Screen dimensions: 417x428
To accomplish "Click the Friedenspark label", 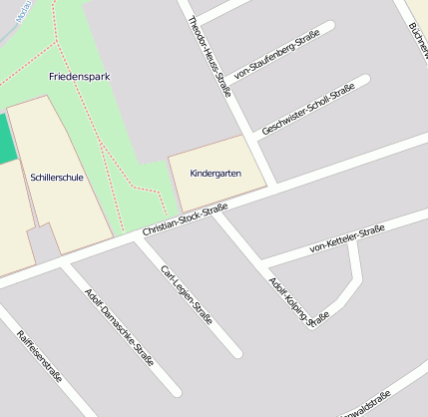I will tap(79, 76).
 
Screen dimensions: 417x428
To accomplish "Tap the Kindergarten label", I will tap(215, 174).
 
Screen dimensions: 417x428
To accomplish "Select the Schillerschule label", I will tap(57, 178).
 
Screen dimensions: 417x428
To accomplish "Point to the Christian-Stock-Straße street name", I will tap(186, 220).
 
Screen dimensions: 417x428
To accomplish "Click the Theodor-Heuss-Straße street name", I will tap(210, 57).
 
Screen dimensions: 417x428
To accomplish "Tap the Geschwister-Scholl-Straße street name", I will tap(307, 111).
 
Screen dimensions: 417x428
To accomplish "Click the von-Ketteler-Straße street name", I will tap(347, 239).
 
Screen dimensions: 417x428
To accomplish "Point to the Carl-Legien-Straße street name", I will tap(187, 295).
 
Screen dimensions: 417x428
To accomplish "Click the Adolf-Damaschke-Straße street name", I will tap(121, 327).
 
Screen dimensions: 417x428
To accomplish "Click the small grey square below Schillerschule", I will tap(43, 242).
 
